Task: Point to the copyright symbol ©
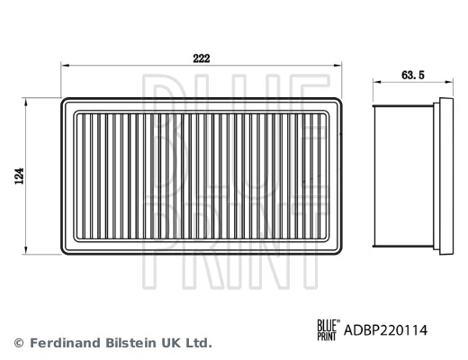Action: tap(19, 343)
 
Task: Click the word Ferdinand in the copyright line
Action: tap(63, 343)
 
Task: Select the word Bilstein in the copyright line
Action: tap(130, 343)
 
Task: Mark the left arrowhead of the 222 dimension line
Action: tap(63, 66)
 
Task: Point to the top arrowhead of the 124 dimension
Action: tap(27, 99)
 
